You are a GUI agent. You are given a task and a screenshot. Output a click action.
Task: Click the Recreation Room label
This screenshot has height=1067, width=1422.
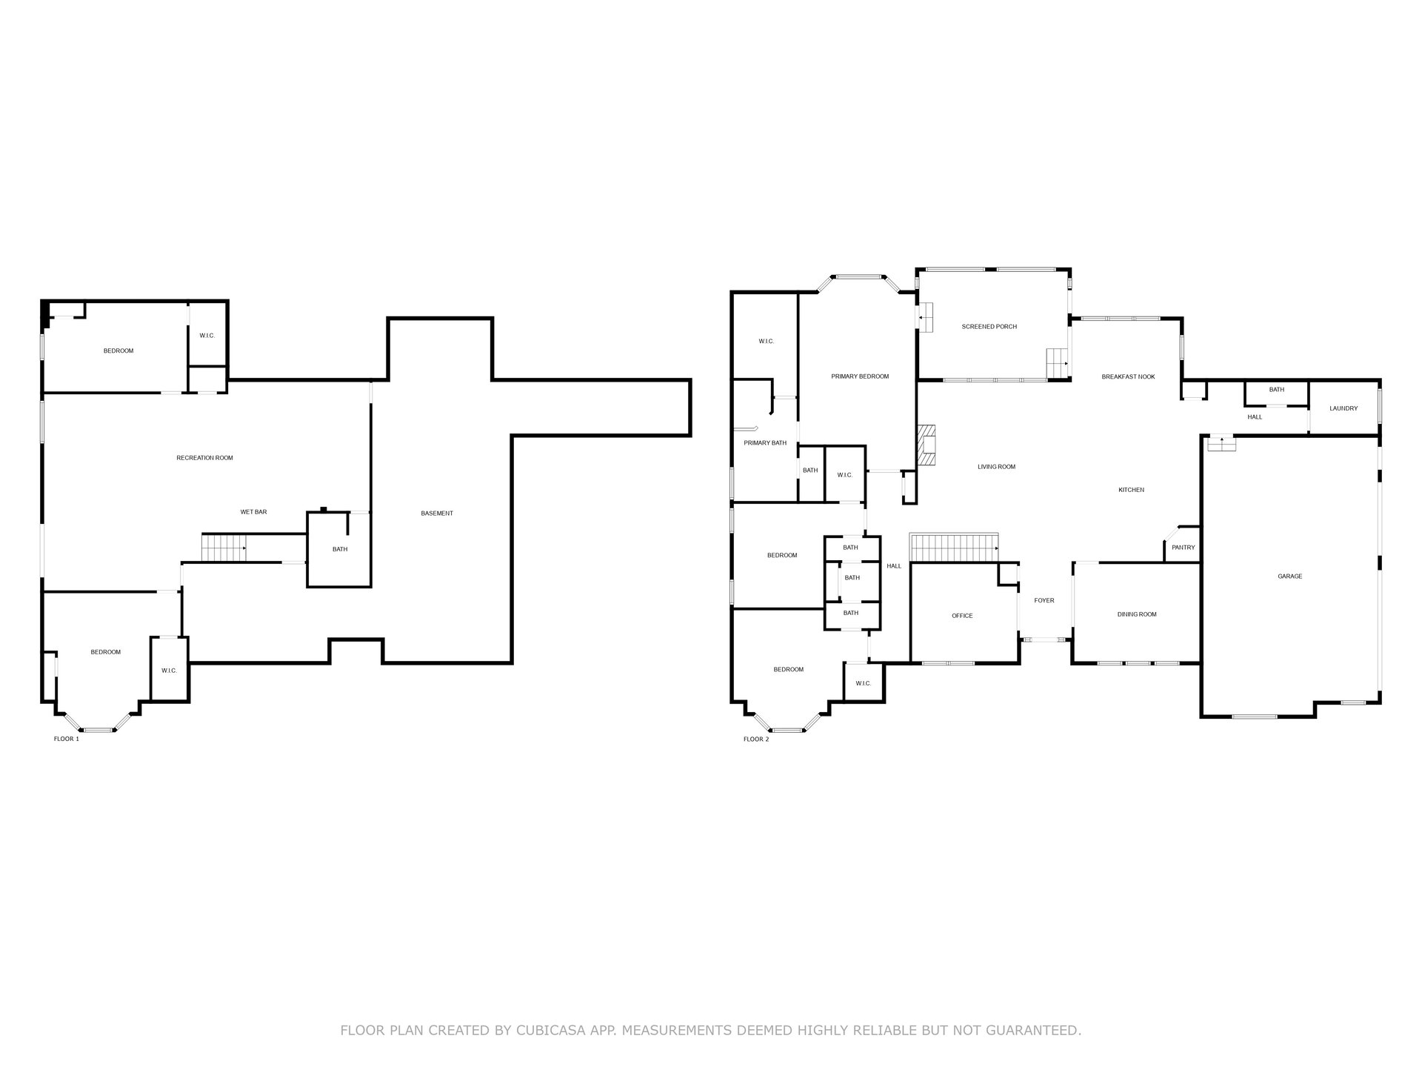pyautogui.click(x=204, y=458)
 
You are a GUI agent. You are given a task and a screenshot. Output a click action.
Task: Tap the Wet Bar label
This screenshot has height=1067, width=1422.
pyautogui.click(x=253, y=512)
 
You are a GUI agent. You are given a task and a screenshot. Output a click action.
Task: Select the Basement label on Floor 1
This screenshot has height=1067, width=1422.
pyautogui.click(x=437, y=513)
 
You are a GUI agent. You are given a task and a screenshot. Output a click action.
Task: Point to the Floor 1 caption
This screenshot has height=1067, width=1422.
pyautogui.click(x=67, y=739)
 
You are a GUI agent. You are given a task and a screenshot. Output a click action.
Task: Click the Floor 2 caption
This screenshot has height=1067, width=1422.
pyautogui.click(x=756, y=739)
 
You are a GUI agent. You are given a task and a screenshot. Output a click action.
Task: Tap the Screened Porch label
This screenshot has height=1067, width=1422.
pyautogui.click(x=989, y=327)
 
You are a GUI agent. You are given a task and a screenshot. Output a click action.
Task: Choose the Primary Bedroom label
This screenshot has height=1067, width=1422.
pyautogui.click(x=860, y=376)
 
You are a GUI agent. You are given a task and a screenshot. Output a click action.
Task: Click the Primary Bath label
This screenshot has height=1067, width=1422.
pyautogui.click(x=765, y=443)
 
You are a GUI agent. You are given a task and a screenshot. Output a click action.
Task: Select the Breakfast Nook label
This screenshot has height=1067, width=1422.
pyautogui.click(x=1128, y=377)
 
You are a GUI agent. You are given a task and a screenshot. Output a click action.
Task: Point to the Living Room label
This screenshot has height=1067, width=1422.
pyautogui.click(x=996, y=467)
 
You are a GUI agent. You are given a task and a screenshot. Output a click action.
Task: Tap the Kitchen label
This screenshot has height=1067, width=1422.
pyautogui.click(x=1131, y=490)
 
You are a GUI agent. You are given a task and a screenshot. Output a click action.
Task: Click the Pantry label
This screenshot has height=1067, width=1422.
pyautogui.click(x=1184, y=548)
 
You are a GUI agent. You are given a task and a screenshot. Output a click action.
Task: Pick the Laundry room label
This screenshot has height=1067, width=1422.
pyautogui.click(x=1343, y=408)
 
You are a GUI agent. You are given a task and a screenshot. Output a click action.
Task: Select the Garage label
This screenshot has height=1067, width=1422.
pyautogui.click(x=1289, y=576)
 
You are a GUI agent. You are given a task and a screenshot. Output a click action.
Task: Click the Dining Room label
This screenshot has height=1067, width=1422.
pyautogui.click(x=1137, y=614)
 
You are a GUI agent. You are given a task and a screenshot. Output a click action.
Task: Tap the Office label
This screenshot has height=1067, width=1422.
pyautogui.click(x=962, y=616)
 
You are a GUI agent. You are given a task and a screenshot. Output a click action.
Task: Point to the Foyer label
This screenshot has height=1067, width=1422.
pyautogui.click(x=1044, y=601)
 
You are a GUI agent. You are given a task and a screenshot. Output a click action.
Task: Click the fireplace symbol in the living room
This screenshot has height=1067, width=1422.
pyautogui.click(x=927, y=445)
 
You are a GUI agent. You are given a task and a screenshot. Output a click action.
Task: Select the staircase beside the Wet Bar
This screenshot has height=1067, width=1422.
pyautogui.click(x=224, y=548)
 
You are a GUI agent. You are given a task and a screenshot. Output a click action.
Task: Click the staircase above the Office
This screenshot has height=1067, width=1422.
pyautogui.click(x=955, y=548)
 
